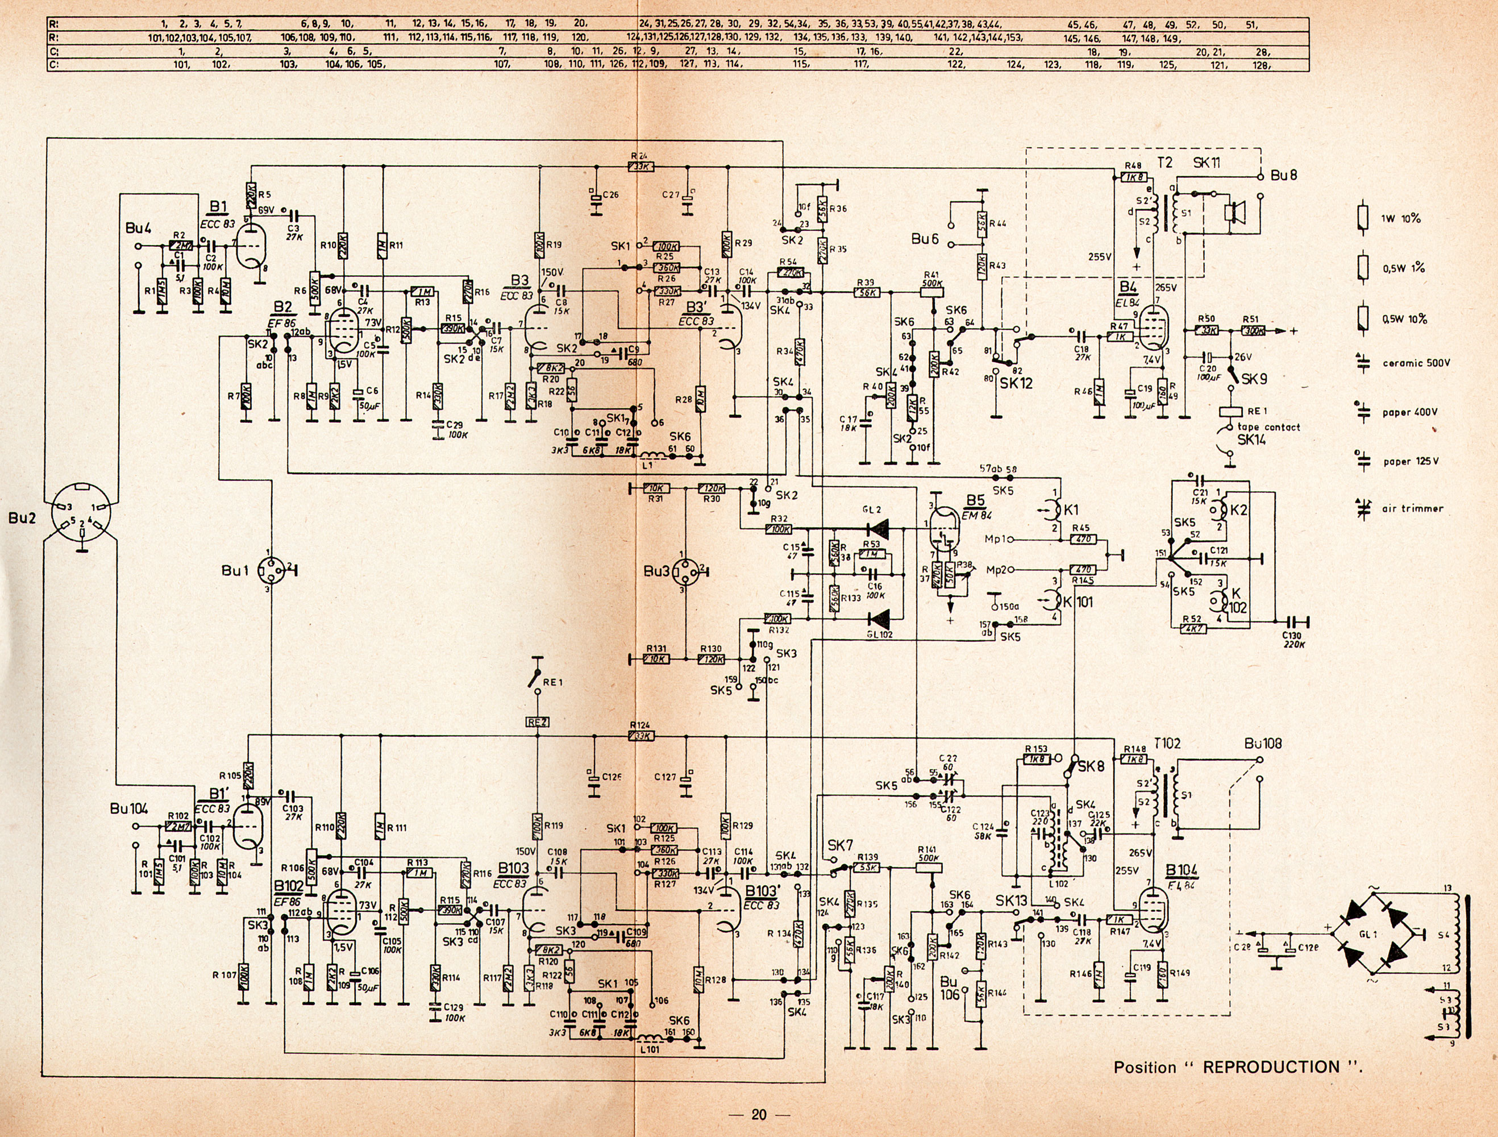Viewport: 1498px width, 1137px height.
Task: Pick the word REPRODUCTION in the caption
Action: click(x=1271, y=1067)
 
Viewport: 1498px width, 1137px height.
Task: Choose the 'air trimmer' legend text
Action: click(x=1413, y=508)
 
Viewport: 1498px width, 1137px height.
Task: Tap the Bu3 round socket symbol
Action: click(x=683, y=571)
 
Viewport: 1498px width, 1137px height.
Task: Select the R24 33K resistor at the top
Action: click(x=640, y=166)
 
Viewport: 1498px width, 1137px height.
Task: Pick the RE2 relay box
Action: click(x=537, y=723)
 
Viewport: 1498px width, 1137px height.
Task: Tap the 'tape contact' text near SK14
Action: click(x=1268, y=427)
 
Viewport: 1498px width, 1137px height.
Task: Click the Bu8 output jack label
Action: click(x=1283, y=176)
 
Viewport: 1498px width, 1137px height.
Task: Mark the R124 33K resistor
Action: click(x=640, y=736)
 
